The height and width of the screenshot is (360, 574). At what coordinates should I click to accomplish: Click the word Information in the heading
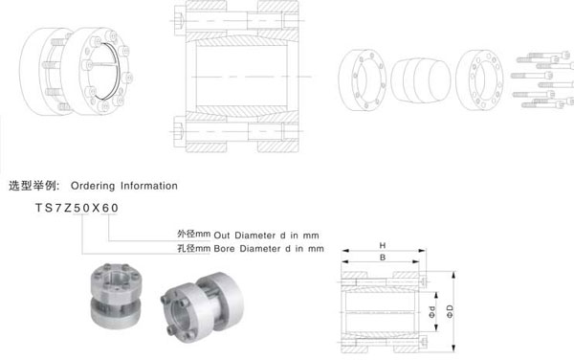146,185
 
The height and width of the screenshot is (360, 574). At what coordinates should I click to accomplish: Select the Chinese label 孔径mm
193,248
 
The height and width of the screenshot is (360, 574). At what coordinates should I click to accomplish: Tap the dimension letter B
381,258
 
